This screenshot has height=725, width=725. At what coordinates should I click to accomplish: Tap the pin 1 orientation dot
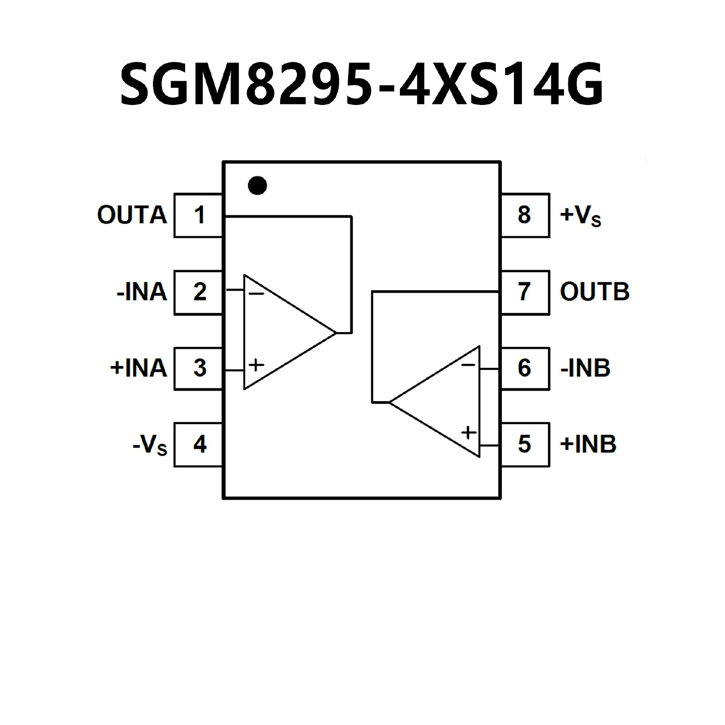(258, 185)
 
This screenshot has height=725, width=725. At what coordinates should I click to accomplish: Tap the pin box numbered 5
(525, 444)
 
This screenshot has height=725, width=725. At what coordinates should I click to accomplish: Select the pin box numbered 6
(525, 368)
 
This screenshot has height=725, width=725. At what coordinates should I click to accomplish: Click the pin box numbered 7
(525, 292)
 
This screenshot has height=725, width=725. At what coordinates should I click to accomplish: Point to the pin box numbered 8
(525, 215)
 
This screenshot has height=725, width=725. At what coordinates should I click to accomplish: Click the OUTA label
(132, 215)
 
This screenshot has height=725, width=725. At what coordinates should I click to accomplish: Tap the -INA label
(142, 292)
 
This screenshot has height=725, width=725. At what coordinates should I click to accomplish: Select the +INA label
(139, 368)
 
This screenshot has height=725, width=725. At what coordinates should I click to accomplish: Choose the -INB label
(585, 368)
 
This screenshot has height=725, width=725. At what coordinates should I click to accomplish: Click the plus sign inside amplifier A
(256, 365)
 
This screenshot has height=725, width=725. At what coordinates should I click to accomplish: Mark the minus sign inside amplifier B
(468, 365)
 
